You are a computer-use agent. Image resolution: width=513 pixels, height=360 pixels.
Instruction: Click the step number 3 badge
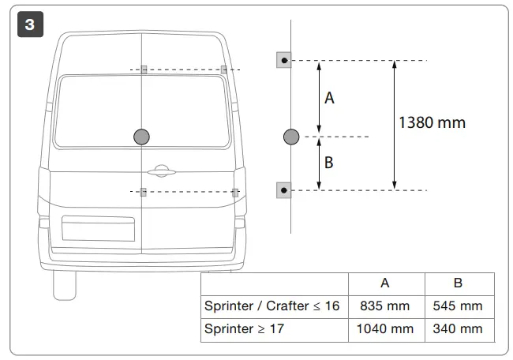tap(29, 24)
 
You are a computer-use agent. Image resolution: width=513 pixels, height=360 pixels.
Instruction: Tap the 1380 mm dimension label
tap(432, 122)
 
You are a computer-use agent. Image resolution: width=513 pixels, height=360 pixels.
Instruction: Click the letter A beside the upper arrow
tap(330, 98)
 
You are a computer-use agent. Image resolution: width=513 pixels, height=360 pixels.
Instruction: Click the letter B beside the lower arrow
tap(329, 163)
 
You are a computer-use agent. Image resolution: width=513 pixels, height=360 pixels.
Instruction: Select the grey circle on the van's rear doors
tap(142, 137)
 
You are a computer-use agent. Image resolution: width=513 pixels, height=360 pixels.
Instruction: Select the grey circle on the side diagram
tap(291, 137)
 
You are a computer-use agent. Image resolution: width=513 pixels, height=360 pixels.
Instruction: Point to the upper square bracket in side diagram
tap(284, 60)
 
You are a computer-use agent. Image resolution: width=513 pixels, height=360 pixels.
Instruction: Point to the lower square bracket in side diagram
tap(284, 189)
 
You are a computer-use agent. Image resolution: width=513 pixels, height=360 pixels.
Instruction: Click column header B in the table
tap(459, 283)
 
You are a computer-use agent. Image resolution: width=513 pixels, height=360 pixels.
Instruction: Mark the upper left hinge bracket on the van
tap(144, 69)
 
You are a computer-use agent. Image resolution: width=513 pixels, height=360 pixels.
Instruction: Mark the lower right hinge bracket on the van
tap(235, 192)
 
